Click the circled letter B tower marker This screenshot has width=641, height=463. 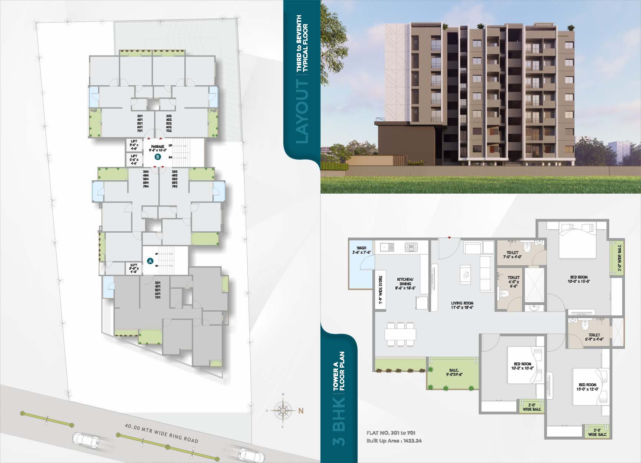pyautogui.click(x=158, y=157)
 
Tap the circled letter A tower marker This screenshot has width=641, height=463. pyautogui.click(x=150, y=261)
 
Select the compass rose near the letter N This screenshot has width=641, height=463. pyautogui.click(x=283, y=411)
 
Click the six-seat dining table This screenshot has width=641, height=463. pyautogui.click(x=400, y=334)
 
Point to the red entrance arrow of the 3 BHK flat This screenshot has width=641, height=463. pyautogui.click(x=449, y=237)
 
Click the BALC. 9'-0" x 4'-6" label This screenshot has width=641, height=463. pyautogui.click(x=454, y=372)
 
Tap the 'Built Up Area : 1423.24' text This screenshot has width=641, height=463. pyautogui.click(x=394, y=441)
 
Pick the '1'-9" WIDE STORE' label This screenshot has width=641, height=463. pyautogui.click(x=380, y=290)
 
